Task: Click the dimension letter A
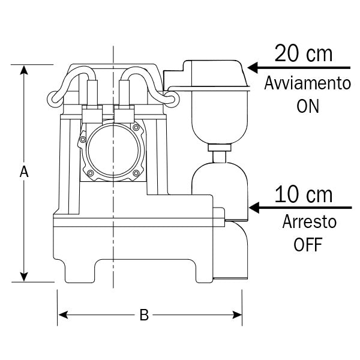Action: (x=24, y=172)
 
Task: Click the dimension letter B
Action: (x=143, y=315)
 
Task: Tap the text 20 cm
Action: (x=303, y=53)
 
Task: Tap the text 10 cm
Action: (x=303, y=195)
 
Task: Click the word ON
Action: (x=308, y=106)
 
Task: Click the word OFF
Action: (x=308, y=245)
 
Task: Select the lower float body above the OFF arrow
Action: (x=220, y=186)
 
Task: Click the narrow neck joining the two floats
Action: (x=219, y=155)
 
